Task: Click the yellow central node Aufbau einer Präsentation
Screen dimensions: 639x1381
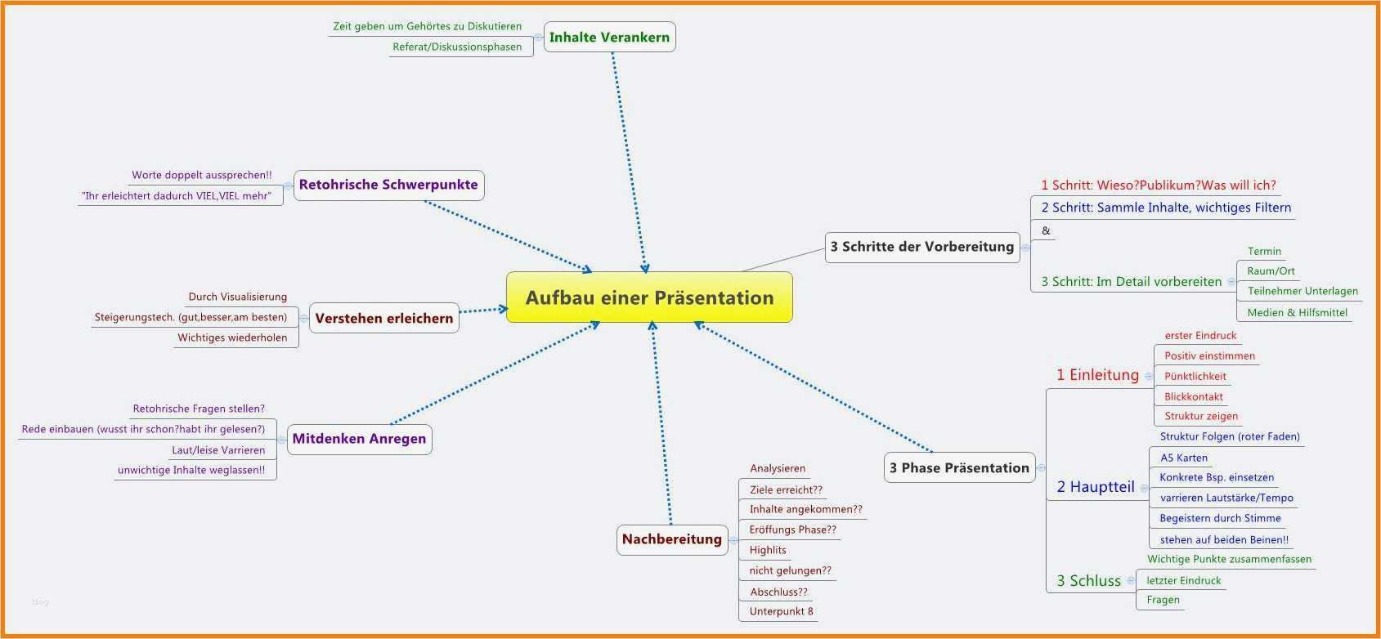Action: [x=649, y=297]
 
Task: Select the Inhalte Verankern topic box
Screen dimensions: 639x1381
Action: [x=609, y=37]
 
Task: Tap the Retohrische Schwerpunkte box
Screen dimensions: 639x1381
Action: [x=388, y=185]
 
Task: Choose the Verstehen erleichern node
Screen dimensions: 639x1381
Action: [x=383, y=318]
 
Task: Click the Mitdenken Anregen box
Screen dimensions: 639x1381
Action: [x=359, y=439]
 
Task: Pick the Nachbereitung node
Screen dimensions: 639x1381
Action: [x=671, y=539]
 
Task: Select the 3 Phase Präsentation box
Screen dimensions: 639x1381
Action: [x=959, y=467]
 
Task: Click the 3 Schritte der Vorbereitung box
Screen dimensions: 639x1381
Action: [x=921, y=247]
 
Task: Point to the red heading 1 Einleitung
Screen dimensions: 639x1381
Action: [x=1097, y=375]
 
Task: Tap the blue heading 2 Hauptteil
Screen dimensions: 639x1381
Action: [x=1095, y=487]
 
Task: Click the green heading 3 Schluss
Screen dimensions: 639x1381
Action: [x=1088, y=581]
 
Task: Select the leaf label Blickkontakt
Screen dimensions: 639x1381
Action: [x=1193, y=396]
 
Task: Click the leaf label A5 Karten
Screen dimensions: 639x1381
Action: [x=1183, y=458]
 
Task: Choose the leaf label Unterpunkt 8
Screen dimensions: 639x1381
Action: [x=781, y=611]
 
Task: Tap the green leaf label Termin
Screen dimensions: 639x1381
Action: [x=1264, y=251]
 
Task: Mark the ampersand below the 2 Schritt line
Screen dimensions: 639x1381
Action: [x=1046, y=230]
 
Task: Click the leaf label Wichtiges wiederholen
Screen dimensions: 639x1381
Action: [x=232, y=337]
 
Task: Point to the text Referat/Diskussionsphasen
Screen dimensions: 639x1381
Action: [x=457, y=47]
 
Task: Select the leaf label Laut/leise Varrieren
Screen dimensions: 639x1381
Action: [x=218, y=449]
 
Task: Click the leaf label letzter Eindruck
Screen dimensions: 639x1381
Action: [x=1183, y=580]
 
